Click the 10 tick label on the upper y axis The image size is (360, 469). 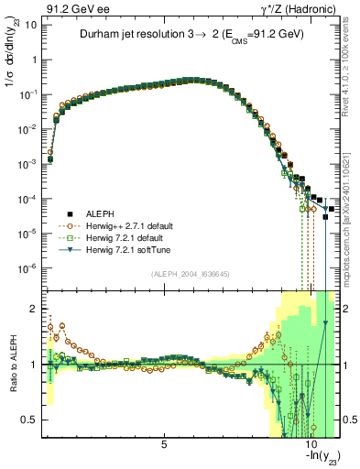(x=30, y=25)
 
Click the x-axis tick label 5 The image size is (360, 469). (x=164, y=445)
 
